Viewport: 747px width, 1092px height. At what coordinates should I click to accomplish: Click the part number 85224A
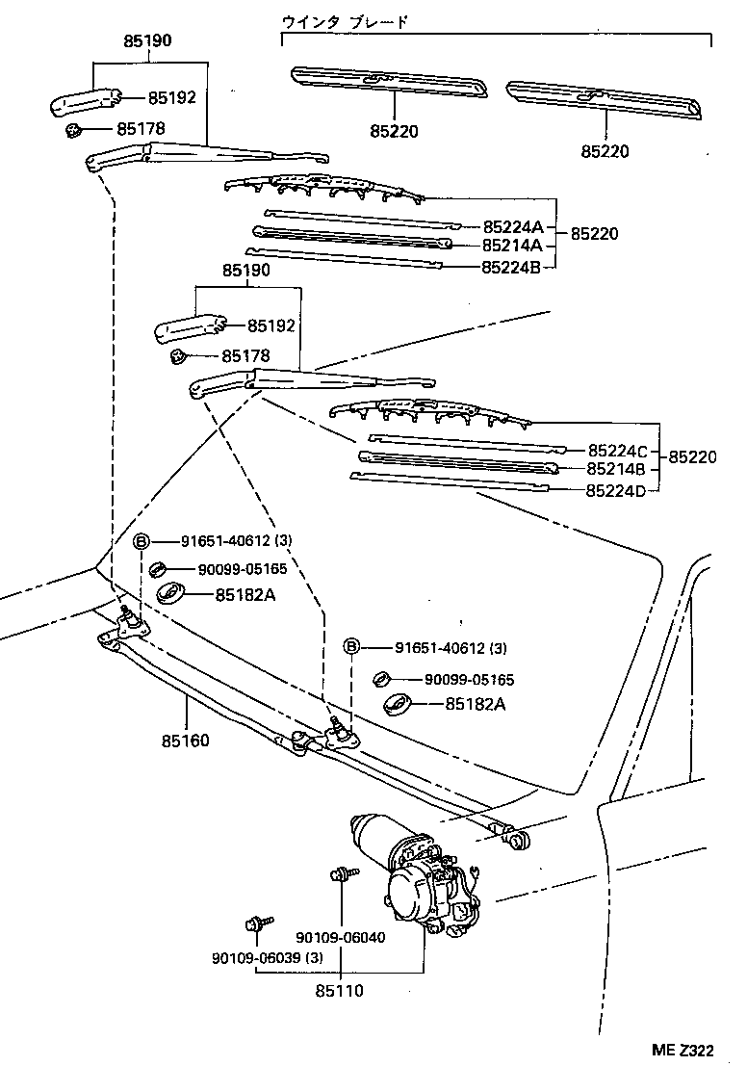coord(513,227)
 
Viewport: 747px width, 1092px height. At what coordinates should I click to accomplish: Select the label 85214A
coord(513,246)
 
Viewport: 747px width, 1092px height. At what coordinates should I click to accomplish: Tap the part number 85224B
coord(513,266)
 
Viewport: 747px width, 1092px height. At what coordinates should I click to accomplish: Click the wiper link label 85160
coord(185,741)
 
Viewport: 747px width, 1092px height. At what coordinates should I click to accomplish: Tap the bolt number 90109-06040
coord(340,937)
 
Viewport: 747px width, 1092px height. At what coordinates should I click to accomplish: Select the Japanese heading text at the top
coord(346,21)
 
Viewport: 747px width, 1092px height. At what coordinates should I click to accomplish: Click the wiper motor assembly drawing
coord(414,871)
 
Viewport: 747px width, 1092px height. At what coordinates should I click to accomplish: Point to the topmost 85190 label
coord(148,42)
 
